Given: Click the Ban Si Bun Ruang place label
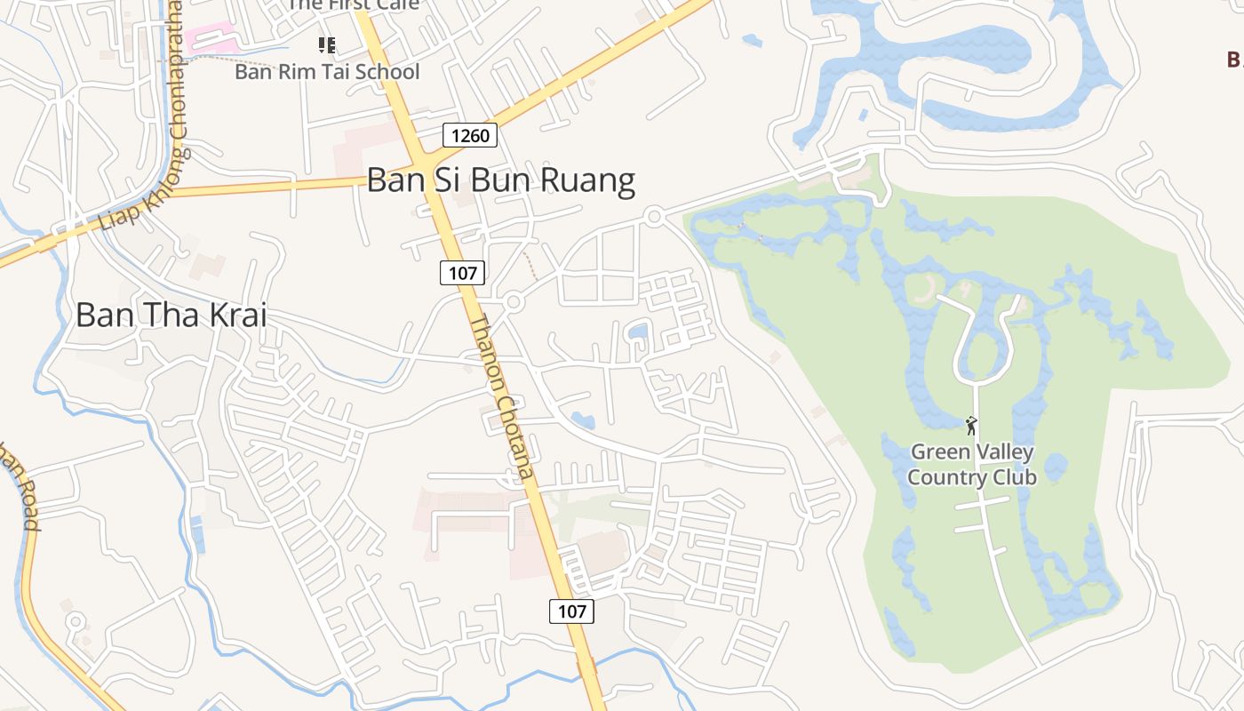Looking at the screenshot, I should coord(501,180).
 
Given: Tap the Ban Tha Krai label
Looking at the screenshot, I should coord(171,315).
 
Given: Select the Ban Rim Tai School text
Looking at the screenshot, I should coord(327,71).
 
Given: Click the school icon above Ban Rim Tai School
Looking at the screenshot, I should coord(327,44).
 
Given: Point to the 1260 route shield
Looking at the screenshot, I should coord(470,135).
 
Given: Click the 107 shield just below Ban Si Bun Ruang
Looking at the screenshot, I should coord(463,273).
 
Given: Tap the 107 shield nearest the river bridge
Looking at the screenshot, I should coord(572,611).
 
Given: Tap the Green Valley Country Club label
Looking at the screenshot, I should coord(971,465).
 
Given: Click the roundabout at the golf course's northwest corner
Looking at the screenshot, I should coord(655,215).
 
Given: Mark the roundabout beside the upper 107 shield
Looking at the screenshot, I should coord(513,302).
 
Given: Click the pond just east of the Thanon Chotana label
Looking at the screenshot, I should coord(583,419).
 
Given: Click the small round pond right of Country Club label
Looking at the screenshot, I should coord(1055,465).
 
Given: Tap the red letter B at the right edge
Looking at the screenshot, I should coord(1234,60).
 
